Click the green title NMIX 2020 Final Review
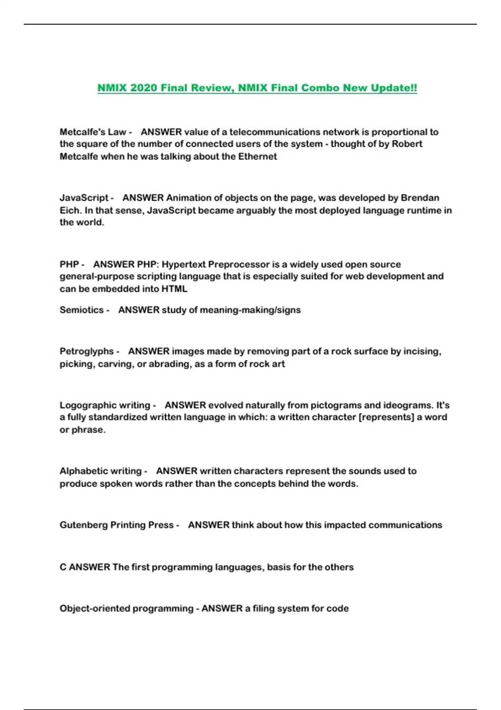(x=257, y=88)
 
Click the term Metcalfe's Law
(x=93, y=132)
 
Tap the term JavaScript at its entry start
(x=83, y=198)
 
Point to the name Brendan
(x=420, y=198)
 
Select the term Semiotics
(x=81, y=310)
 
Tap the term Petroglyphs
(x=86, y=351)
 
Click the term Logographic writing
(x=105, y=405)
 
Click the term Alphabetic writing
(x=100, y=471)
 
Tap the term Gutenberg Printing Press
(x=116, y=525)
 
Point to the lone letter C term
(x=63, y=567)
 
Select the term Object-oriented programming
(x=126, y=609)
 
